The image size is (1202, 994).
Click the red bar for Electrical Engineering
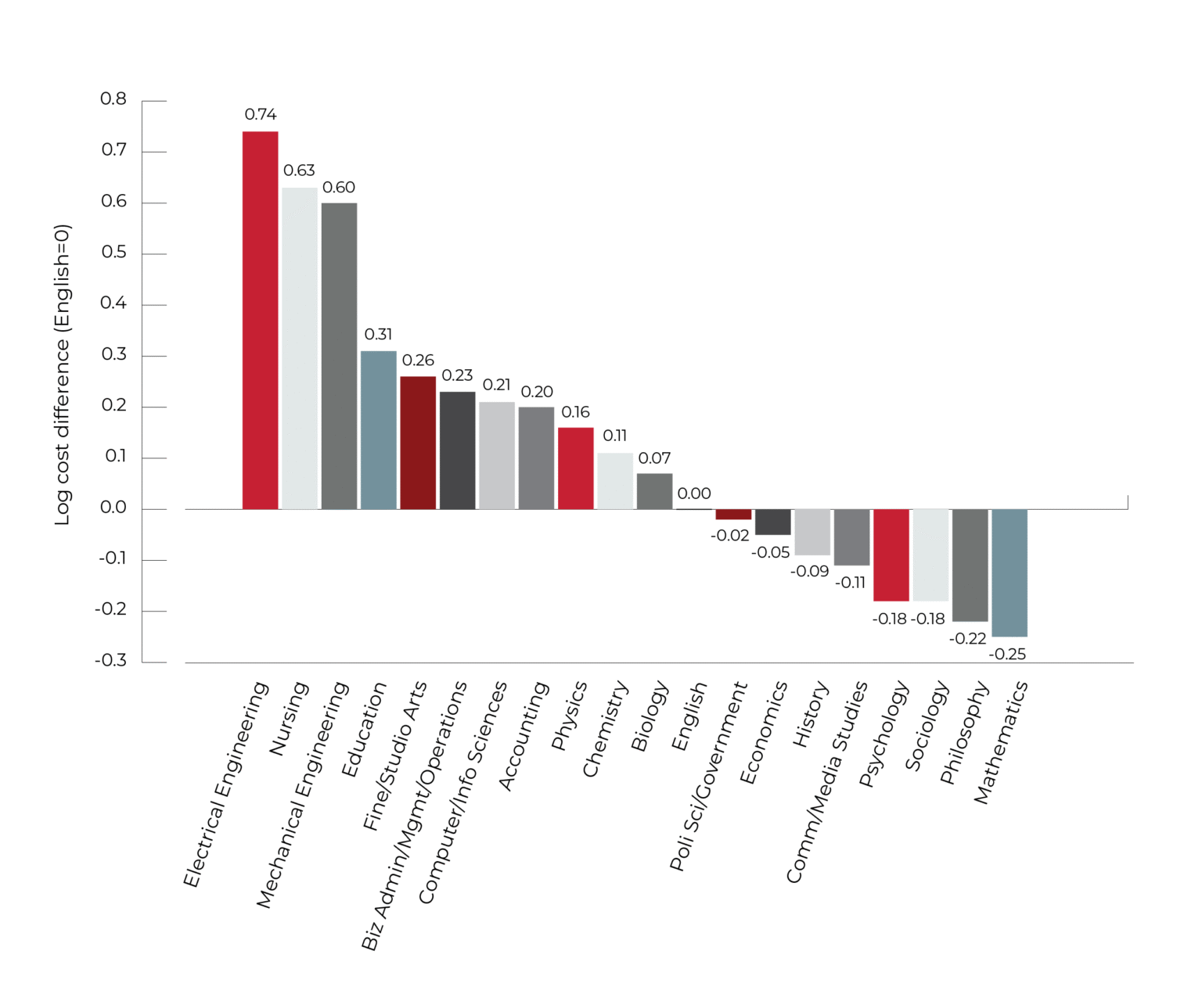point(260,320)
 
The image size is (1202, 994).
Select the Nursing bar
point(300,348)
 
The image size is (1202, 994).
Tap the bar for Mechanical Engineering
point(339,356)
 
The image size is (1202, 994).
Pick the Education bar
point(379,430)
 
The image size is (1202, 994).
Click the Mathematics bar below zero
point(1009,572)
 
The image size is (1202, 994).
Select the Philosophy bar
point(970,565)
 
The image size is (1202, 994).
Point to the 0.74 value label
point(261,115)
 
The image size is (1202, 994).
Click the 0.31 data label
point(378,335)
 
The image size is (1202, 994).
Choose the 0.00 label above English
point(694,494)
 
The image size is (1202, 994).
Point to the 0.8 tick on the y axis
point(113,99)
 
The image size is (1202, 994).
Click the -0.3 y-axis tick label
point(111,661)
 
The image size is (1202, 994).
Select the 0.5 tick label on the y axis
point(113,253)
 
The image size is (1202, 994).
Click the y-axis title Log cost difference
point(63,375)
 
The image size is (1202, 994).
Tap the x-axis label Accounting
point(524,736)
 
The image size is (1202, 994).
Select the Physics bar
point(576,468)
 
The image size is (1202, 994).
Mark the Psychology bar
point(891,554)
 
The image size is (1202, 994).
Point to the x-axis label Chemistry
point(605,729)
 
